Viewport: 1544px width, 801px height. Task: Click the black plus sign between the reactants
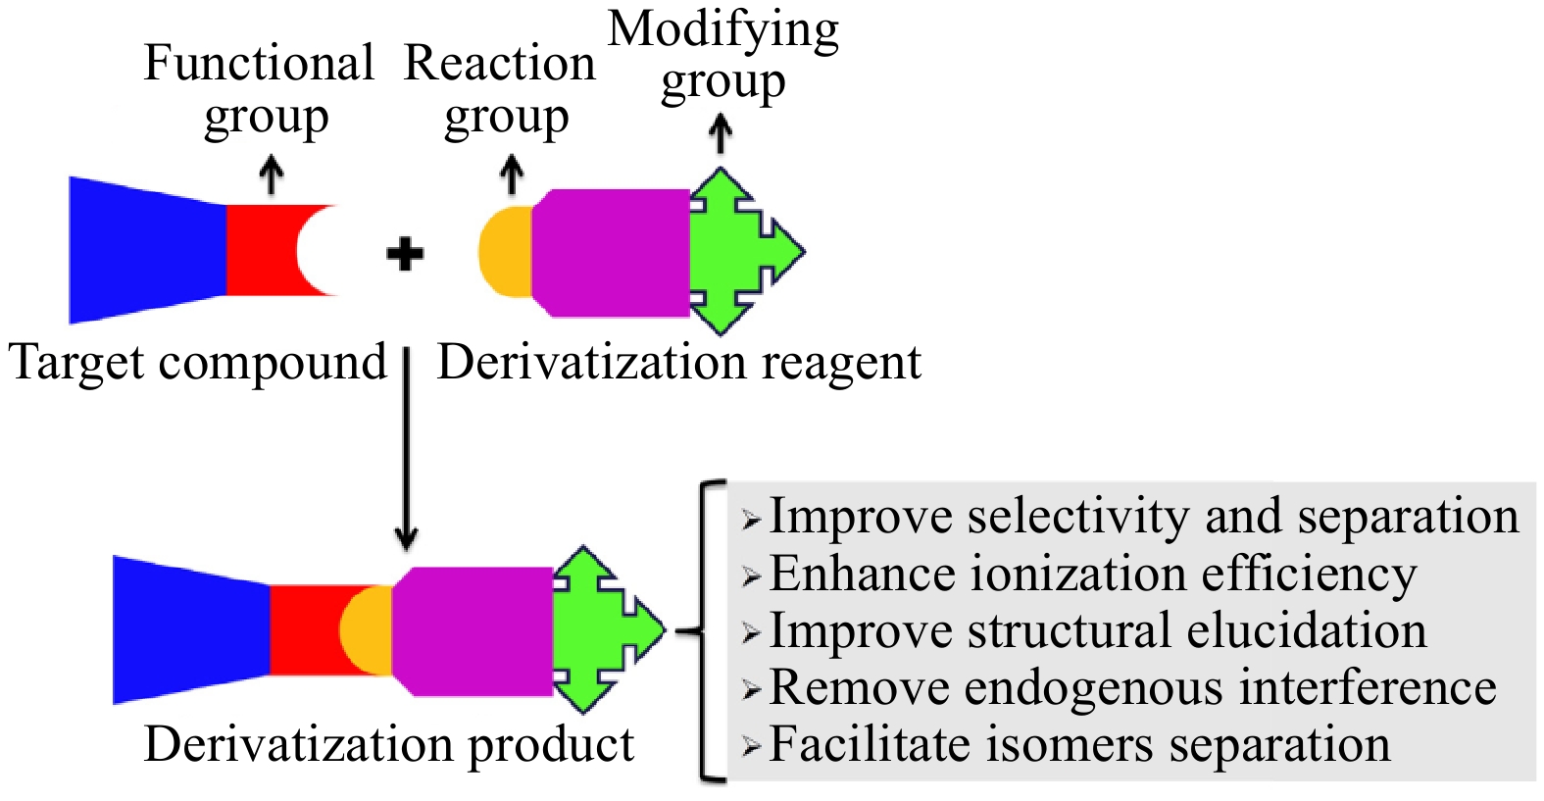click(x=405, y=255)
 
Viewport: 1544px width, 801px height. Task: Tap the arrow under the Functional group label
click(x=271, y=176)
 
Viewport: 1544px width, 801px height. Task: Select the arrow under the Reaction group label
click(x=511, y=176)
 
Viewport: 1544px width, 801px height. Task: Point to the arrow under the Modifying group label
click(x=722, y=134)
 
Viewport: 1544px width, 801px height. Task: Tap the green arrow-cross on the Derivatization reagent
click(x=740, y=252)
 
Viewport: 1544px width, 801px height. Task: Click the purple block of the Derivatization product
click(x=473, y=631)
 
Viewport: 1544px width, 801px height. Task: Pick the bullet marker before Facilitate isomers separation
click(x=751, y=747)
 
